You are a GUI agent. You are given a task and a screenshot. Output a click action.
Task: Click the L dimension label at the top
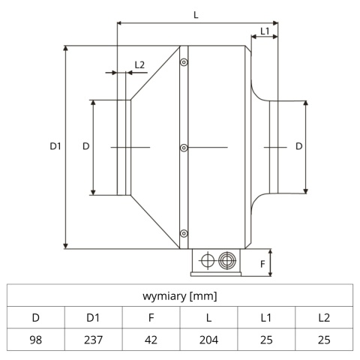point(196,15)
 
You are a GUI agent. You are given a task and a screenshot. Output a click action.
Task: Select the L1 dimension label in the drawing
point(265,31)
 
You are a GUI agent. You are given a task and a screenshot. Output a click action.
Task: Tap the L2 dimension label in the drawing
point(139,65)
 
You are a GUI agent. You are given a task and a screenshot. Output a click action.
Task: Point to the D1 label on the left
point(54,147)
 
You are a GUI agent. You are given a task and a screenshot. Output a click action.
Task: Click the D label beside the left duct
point(85,146)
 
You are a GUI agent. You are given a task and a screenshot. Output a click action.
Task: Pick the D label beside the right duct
point(298,146)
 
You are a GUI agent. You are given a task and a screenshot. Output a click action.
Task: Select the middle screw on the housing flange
point(184,148)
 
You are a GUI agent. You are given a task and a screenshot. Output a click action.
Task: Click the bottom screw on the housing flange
point(184,232)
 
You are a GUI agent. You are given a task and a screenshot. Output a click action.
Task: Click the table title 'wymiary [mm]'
point(180,296)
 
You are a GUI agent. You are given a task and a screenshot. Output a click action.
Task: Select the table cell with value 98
point(36,339)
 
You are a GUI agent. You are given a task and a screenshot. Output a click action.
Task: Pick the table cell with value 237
point(94,339)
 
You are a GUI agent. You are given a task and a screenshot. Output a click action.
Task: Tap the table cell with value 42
point(151,339)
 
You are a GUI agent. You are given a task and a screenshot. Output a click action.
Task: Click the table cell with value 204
point(208,339)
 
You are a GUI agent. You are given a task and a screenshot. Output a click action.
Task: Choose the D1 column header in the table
point(94,317)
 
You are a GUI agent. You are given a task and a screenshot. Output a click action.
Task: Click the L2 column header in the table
point(324,317)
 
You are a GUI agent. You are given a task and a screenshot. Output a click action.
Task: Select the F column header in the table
point(151,317)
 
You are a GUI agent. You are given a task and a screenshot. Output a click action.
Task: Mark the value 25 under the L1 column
point(266,339)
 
